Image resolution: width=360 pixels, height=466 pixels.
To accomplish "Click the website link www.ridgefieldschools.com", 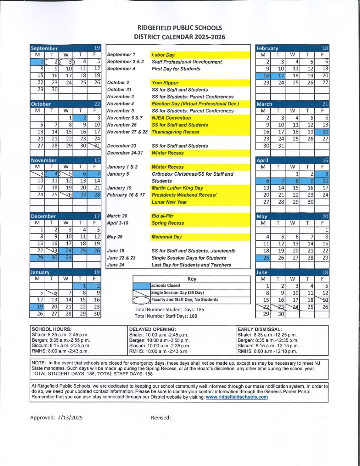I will point(237,397).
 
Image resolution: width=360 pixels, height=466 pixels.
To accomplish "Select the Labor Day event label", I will point(163,55).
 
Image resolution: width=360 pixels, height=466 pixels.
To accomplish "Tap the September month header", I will point(44,48).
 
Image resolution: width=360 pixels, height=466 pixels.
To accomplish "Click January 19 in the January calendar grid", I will point(37,307).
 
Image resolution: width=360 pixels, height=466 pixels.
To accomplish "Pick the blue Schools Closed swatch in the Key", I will point(142,286).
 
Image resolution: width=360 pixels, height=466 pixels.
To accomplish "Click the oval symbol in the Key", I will point(142,300).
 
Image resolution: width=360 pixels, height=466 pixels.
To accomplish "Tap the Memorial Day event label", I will point(167,237).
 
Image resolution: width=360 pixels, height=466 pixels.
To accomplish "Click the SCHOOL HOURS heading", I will point(52,329).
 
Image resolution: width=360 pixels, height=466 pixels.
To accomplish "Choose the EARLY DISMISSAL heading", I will point(260,329).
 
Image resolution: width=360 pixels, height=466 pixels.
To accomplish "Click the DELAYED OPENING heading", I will point(152,329).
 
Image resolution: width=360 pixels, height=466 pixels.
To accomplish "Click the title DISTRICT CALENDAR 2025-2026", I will point(180,37).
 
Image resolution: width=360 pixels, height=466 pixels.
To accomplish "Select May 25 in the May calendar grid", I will point(263,258).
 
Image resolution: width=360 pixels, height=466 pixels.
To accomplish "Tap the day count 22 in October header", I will point(97,104).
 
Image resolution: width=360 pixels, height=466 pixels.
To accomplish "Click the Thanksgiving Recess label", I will point(175,132).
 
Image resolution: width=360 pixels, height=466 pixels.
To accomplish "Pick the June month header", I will point(262,272).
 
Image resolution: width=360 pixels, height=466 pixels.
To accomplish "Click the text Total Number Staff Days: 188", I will point(166,316).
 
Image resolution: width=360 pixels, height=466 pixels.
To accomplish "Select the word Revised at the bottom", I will point(160,417).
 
